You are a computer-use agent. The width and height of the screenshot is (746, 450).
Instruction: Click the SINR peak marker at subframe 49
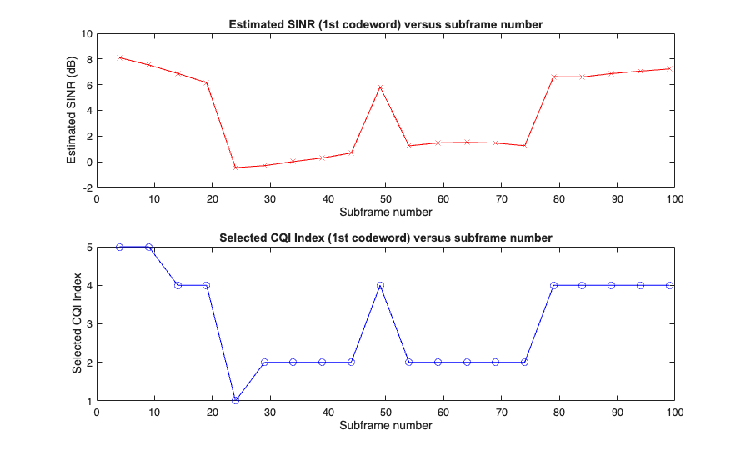pyautogui.click(x=380, y=87)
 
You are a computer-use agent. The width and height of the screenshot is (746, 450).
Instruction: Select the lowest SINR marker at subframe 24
pyautogui.click(x=236, y=167)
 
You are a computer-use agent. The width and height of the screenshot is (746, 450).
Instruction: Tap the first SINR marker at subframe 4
pyautogui.click(x=120, y=57)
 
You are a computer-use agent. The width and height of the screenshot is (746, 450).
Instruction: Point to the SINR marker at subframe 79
pyautogui.click(x=553, y=77)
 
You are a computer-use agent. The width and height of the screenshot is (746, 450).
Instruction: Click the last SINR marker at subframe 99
pyautogui.click(x=669, y=68)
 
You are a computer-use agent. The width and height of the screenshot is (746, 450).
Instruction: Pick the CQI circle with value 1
pyautogui.click(x=236, y=400)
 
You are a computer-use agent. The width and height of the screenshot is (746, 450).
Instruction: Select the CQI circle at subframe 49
pyautogui.click(x=380, y=285)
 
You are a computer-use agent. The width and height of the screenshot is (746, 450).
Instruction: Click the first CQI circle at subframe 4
pyautogui.click(x=120, y=247)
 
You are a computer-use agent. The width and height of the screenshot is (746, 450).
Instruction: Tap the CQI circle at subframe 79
pyautogui.click(x=553, y=285)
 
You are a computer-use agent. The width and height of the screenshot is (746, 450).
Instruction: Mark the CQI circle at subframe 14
pyautogui.click(x=178, y=285)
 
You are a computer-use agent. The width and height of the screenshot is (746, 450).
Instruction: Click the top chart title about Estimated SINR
pyautogui.click(x=386, y=24)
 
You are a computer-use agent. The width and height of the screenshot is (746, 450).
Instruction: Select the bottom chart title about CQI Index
pyautogui.click(x=386, y=237)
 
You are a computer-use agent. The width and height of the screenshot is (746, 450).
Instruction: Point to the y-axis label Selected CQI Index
pyautogui.click(x=77, y=323)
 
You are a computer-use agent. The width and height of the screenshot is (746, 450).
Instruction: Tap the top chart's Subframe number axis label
pyautogui.click(x=386, y=212)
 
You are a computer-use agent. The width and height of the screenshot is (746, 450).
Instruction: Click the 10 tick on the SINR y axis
pyautogui.click(x=87, y=33)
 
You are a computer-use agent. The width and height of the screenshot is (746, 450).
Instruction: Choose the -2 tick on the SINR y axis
pyautogui.click(x=87, y=187)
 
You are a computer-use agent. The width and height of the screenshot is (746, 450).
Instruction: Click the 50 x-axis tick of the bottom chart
pyautogui.click(x=386, y=412)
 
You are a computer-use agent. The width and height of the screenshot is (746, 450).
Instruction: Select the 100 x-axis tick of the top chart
pyautogui.click(x=674, y=199)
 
